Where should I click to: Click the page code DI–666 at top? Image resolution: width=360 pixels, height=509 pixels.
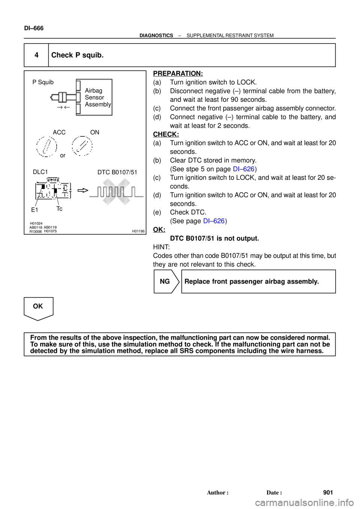34,28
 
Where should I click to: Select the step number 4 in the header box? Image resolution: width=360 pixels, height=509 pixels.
36,55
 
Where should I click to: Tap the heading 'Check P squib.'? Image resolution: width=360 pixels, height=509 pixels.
78,55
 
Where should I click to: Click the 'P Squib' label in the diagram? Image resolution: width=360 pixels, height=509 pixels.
43,82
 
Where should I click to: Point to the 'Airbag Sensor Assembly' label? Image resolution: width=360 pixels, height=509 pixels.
98,97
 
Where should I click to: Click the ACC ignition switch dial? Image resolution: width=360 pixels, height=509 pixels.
46,146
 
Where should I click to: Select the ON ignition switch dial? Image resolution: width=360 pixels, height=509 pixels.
82,146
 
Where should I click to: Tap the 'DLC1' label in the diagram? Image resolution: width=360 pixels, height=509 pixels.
40,172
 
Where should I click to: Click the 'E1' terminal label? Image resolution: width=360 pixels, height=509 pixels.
34,210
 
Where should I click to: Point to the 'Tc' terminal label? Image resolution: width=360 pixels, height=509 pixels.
59,209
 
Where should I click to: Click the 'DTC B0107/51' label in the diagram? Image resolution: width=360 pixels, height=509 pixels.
117,172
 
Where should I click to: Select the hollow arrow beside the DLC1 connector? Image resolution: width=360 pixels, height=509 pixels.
83,190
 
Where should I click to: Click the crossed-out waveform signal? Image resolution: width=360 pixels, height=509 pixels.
116,192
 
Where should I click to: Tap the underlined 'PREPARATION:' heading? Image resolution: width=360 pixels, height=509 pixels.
178,73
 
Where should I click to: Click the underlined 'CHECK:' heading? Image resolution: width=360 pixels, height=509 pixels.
166,134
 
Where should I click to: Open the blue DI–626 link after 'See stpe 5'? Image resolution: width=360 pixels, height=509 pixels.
244,169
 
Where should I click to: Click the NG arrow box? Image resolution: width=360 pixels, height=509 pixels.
166,281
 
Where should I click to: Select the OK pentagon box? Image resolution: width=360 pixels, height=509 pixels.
39,309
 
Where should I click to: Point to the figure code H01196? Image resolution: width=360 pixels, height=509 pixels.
138,231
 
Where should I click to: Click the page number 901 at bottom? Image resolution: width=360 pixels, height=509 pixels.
328,493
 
